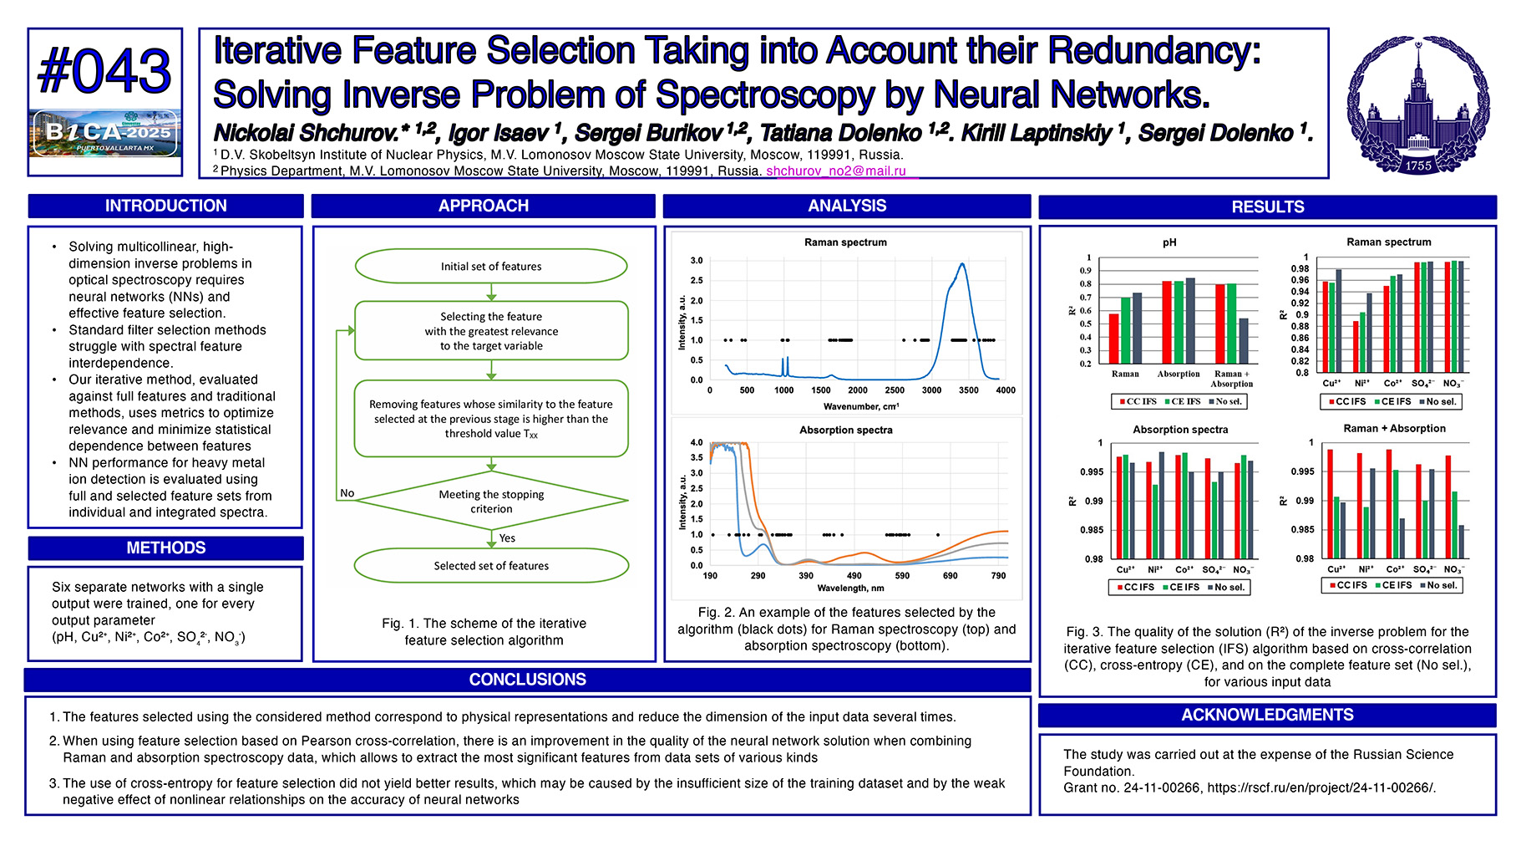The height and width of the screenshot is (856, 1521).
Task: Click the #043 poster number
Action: click(104, 71)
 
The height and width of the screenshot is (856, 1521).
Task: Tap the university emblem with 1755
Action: click(1417, 104)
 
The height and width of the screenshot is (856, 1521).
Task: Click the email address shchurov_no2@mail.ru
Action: click(835, 171)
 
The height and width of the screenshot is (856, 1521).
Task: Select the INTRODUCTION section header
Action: click(165, 206)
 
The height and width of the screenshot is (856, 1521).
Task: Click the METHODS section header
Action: click(165, 548)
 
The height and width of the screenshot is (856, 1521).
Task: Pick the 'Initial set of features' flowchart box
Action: click(491, 266)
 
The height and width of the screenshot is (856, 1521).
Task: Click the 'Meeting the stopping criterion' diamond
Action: click(491, 502)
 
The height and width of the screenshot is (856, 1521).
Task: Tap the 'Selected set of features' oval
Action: click(491, 566)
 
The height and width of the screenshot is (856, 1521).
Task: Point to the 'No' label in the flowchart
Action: click(347, 493)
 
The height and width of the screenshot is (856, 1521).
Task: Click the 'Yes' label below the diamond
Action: click(507, 538)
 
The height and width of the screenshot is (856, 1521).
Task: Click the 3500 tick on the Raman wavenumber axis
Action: click(968, 390)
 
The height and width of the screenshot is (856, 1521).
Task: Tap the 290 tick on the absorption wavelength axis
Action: click(758, 575)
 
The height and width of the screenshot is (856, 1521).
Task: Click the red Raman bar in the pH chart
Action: click(1113, 339)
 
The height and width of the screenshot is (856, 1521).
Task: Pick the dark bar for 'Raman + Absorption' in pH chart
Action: click(1244, 340)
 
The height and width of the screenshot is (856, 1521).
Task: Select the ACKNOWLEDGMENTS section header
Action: click(1267, 715)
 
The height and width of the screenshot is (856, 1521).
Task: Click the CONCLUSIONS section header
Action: click(527, 680)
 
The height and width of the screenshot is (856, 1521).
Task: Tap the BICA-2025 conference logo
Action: click(105, 132)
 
